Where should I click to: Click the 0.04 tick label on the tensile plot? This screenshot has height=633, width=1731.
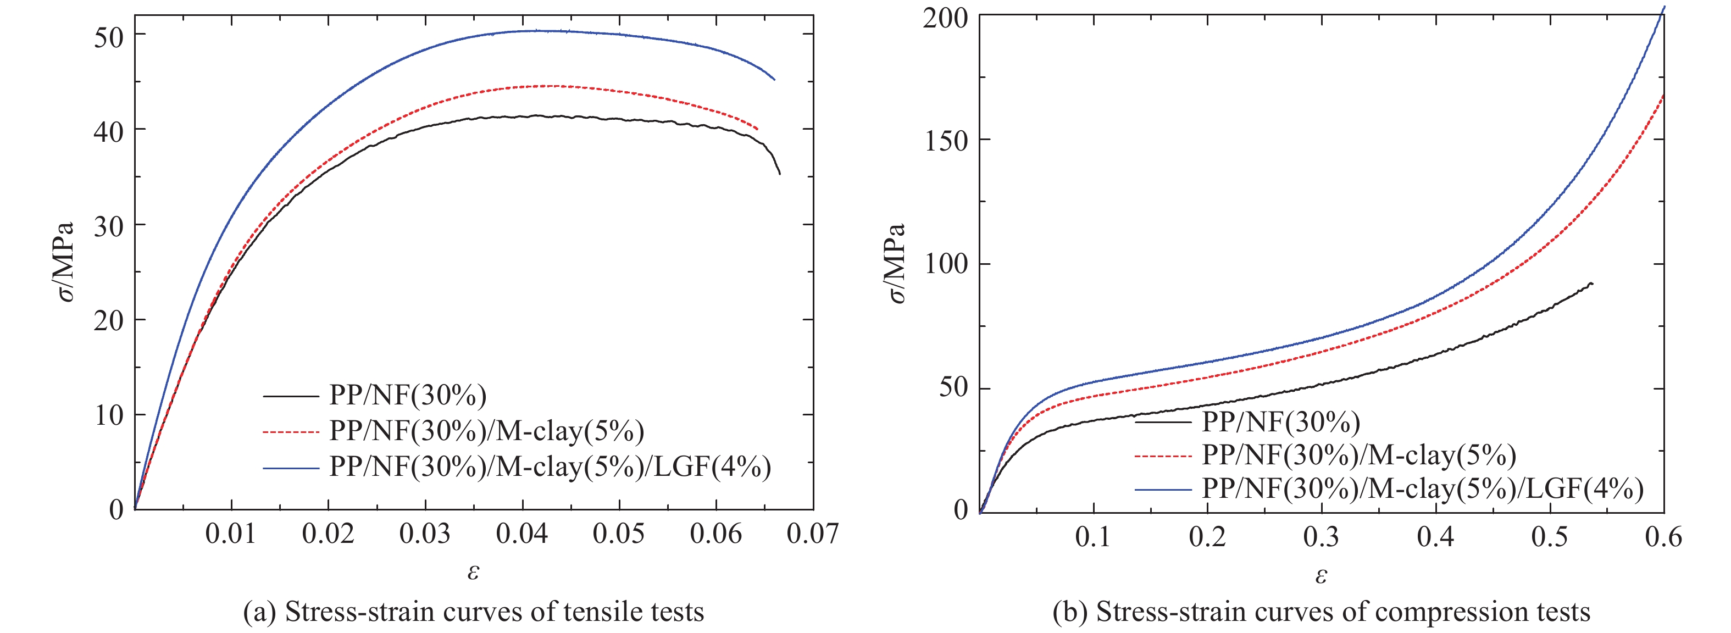(x=521, y=534)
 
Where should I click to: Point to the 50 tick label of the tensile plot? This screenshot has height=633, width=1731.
(x=109, y=36)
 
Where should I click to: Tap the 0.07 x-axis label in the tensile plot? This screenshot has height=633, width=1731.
(x=812, y=534)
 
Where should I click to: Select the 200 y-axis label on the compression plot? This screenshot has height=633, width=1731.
(x=945, y=18)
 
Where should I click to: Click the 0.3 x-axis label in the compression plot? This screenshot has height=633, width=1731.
(x=1321, y=537)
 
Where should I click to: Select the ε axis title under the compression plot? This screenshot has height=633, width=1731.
(x=1321, y=575)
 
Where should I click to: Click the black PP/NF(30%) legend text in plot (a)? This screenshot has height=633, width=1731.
(x=407, y=395)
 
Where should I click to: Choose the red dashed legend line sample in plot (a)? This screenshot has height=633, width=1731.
(x=290, y=432)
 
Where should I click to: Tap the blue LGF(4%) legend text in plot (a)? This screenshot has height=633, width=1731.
(x=550, y=467)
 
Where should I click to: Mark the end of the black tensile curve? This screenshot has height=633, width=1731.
(x=779, y=174)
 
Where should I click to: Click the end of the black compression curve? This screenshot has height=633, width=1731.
(x=1592, y=284)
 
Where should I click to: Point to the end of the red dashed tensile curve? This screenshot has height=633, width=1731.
(x=757, y=129)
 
